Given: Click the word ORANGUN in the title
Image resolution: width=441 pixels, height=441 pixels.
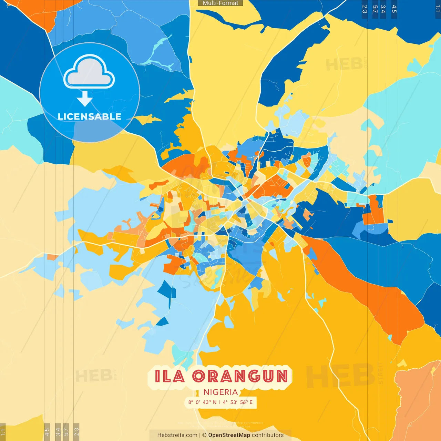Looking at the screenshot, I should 240,376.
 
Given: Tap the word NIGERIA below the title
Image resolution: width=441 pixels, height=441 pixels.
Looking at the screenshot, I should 220,392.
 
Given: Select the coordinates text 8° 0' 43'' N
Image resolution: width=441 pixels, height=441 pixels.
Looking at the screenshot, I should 202,402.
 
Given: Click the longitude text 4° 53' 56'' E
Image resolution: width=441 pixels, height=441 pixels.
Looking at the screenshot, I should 238,402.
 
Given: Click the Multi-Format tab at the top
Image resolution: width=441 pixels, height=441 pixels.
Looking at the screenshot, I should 220,3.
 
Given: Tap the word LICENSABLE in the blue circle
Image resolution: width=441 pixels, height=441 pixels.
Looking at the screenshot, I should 90,116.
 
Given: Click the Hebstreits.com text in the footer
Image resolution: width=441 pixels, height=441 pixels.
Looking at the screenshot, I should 177,435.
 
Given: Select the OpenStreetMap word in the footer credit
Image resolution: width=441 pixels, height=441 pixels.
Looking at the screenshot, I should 229,435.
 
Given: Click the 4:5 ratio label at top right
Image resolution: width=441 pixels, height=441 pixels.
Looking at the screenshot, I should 394,9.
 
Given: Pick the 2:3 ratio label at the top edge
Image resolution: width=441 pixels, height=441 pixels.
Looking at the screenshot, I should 365,9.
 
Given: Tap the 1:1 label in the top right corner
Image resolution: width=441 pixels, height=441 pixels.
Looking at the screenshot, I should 438,8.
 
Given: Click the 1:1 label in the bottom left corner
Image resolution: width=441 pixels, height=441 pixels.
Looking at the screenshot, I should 3,432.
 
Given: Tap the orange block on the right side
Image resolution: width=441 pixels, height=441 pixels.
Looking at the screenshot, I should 374,210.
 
